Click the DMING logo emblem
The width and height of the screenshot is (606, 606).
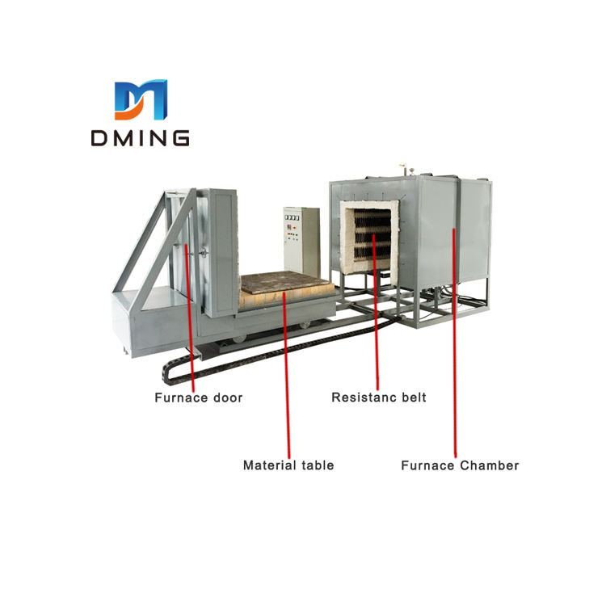pos(140,100)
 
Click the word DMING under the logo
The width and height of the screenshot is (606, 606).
pos(141,139)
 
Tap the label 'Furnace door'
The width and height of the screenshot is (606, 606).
pos(199,398)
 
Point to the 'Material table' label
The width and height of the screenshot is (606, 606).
pos(288,465)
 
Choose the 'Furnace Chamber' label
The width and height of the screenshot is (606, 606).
pos(460,465)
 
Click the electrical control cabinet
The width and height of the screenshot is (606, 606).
pos(301,240)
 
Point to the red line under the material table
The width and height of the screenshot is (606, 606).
pos(288,380)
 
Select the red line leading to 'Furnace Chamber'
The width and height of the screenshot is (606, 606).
pos(455,347)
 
